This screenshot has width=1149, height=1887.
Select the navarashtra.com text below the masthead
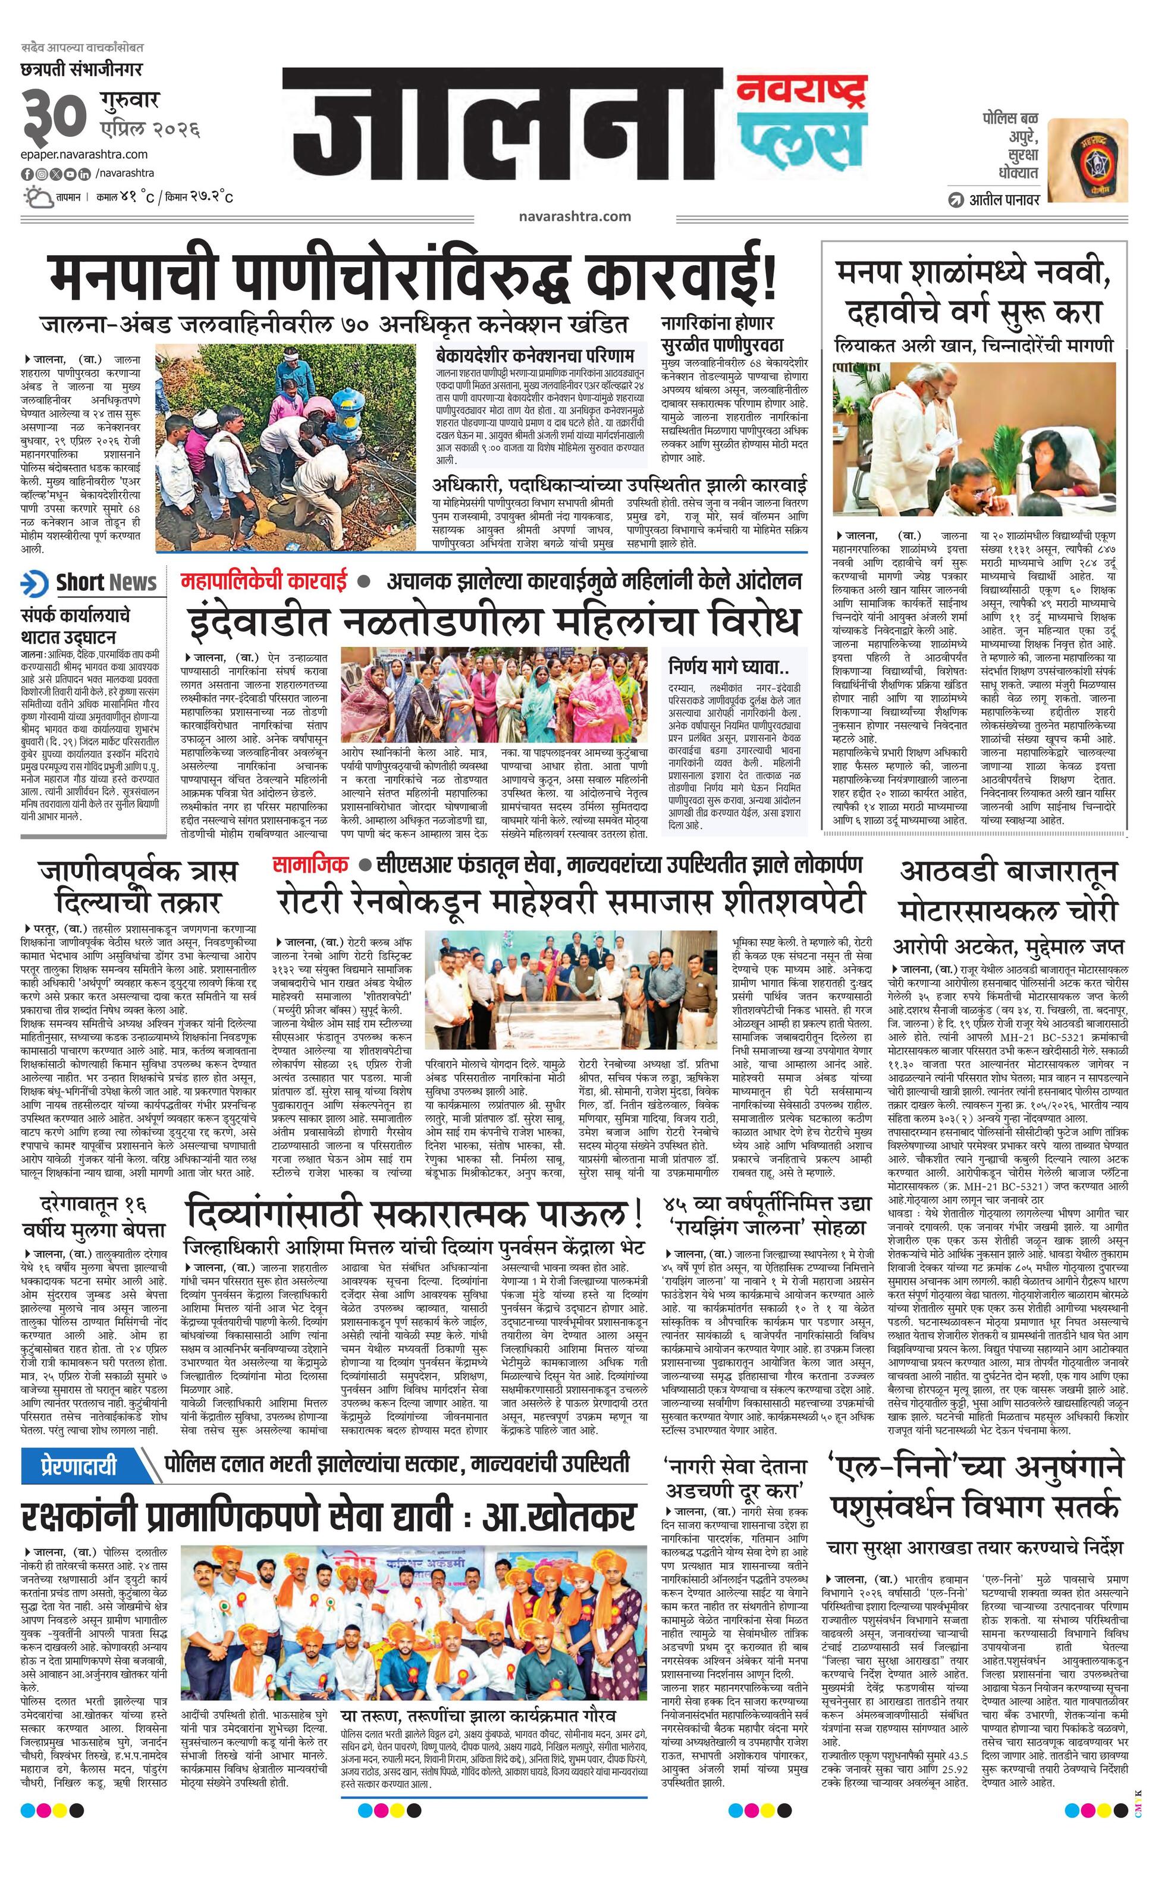pyautogui.click(x=574, y=216)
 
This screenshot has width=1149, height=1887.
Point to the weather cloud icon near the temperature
pyautogui.click(x=37, y=197)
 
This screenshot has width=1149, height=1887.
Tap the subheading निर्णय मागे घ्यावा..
pyautogui.click(x=727, y=664)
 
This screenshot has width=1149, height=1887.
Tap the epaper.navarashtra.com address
pyautogui.click(x=85, y=155)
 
